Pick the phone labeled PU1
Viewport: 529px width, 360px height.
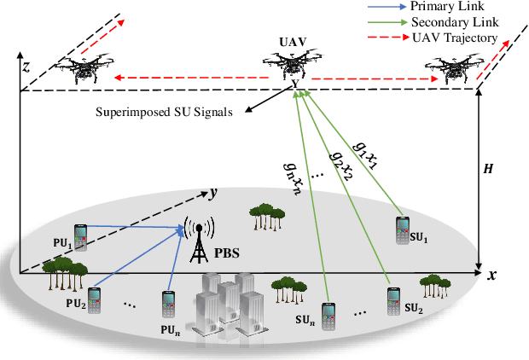(x=79, y=238)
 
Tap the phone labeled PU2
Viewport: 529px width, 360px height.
(x=93, y=300)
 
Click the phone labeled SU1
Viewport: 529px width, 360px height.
(x=403, y=230)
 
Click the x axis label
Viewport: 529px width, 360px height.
(x=492, y=275)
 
